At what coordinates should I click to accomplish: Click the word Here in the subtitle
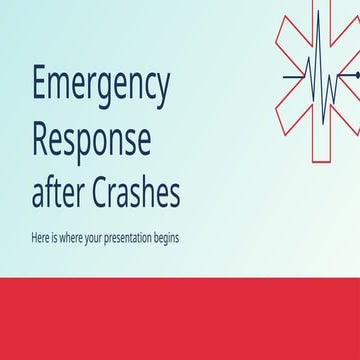pyautogui.click(x=44, y=240)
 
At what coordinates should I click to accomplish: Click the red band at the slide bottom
pyautogui.click(x=180, y=314)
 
